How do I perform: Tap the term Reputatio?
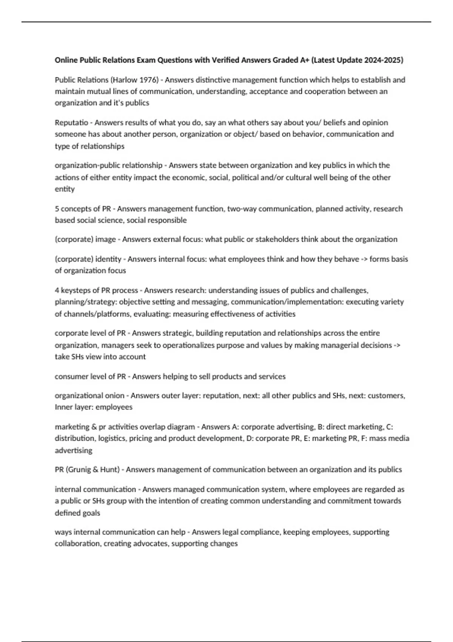tap(71, 123)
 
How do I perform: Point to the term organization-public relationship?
tap(108, 165)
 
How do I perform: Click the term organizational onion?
tap(89, 396)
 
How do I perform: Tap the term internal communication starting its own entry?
tap(95, 489)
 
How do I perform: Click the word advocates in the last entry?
tap(150, 544)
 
